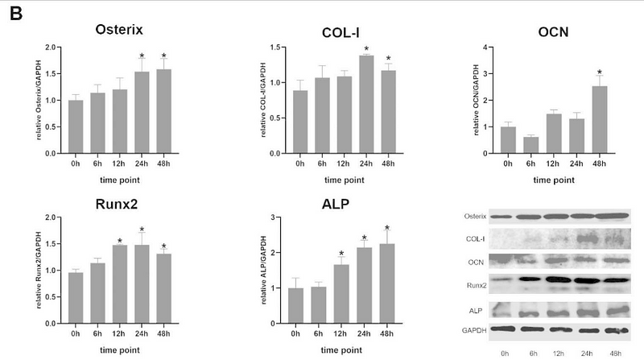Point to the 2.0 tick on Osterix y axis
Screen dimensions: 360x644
(x=50, y=48)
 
